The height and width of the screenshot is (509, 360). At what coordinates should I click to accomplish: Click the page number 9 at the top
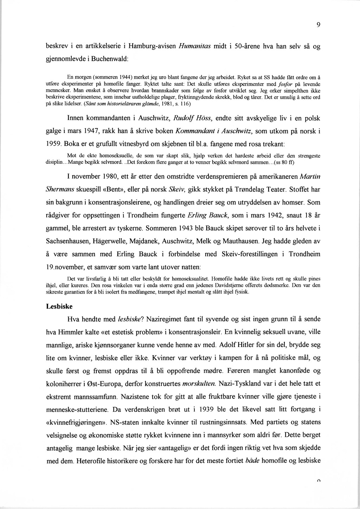pyautogui.click(x=318, y=25)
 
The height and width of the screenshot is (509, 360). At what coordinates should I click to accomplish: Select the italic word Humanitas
pyautogui.click(x=195, y=46)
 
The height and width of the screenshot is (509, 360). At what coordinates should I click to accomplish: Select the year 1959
pyautogui.click(x=54, y=144)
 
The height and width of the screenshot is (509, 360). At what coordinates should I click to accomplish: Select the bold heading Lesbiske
pyautogui.click(x=59, y=306)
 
